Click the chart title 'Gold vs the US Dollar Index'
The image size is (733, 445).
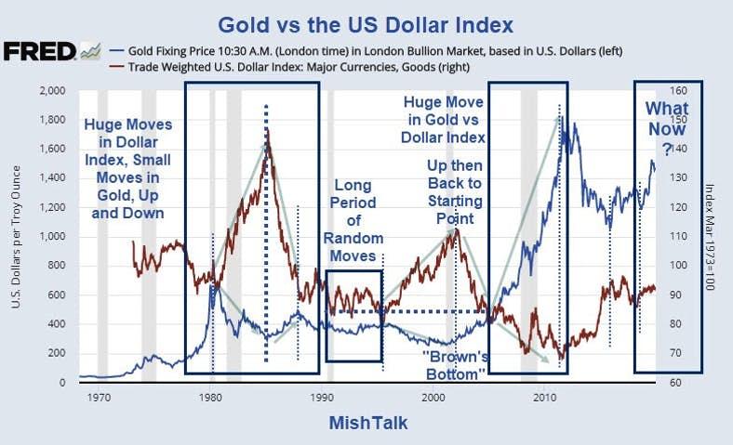[366, 21]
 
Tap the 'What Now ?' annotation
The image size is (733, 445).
[667, 129]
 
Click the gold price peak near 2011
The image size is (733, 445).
[561, 118]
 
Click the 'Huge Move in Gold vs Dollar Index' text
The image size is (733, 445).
[443, 119]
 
